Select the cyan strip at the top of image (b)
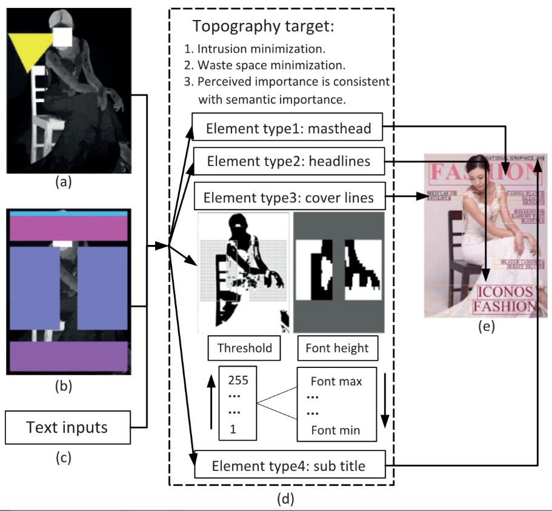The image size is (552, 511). [x=67, y=213]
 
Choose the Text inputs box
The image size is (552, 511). [x=67, y=427]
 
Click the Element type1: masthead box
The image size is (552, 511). [x=287, y=128]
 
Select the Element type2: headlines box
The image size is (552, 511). [x=287, y=162]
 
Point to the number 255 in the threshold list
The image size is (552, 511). [x=238, y=381]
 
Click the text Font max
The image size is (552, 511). [x=336, y=382]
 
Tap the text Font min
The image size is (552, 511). [x=336, y=430]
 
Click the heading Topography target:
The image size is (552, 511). [x=263, y=27]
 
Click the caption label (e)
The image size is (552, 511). [x=485, y=327]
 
